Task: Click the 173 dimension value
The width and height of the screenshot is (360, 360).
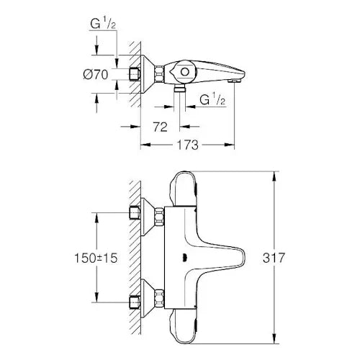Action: point(188,145)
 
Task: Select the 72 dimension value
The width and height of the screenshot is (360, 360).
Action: point(161,127)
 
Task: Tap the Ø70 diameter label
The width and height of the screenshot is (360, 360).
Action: point(96,74)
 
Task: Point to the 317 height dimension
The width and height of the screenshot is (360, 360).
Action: point(274,258)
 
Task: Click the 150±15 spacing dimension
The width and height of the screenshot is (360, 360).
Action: point(96,258)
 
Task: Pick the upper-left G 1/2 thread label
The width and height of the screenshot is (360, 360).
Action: point(103,24)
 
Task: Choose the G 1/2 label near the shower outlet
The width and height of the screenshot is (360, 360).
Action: point(212,99)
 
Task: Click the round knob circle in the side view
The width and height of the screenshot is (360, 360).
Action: point(184,72)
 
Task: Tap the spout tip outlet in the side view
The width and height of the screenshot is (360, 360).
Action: point(233,81)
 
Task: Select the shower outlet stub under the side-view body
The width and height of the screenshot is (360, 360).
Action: point(179,89)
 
